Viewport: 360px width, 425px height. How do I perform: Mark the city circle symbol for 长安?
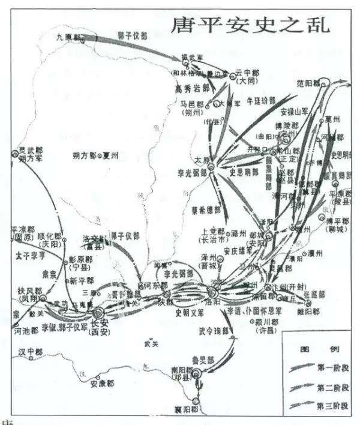coord(98,313)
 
